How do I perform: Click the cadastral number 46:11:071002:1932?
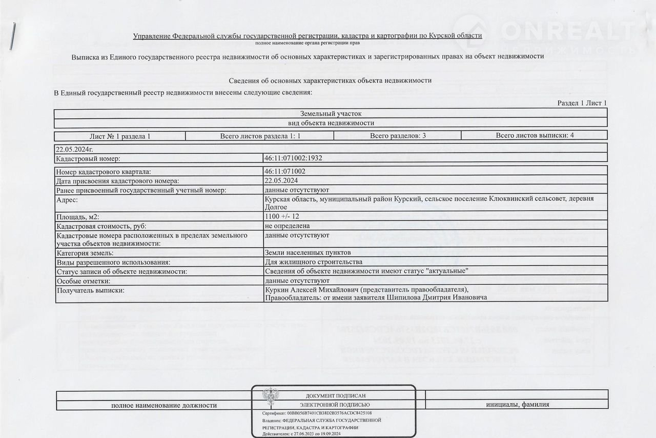click(293, 158)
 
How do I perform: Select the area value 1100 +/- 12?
click(282, 216)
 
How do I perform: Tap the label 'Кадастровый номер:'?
click(88, 158)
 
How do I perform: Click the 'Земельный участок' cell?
click(331, 113)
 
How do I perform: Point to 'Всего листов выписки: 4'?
click(535, 135)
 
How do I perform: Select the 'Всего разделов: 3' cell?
click(397, 135)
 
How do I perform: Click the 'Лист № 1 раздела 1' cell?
click(120, 136)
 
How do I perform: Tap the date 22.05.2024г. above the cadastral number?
click(75, 149)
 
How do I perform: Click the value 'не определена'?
click(287, 226)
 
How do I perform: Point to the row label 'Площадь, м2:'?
click(78, 217)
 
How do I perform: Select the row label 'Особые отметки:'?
click(83, 281)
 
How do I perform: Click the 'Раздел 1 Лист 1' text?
click(582, 103)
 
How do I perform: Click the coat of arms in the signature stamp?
click(271, 399)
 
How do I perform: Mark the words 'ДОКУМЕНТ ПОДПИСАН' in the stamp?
click(336, 396)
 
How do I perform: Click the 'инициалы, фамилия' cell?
click(518, 405)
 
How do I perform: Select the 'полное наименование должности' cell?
click(164, 405)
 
